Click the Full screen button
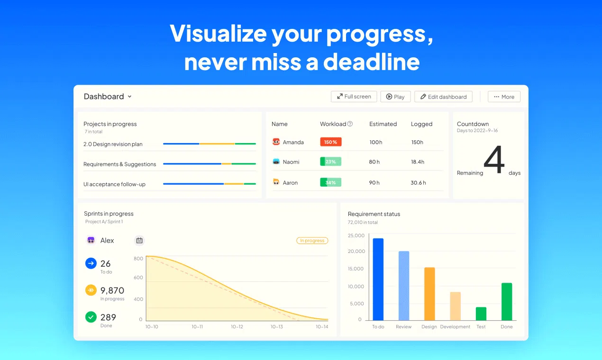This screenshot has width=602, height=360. click(x=354, y=97)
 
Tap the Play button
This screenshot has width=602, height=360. click(x=395, y=97)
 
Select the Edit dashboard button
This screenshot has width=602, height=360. click(x=443, y=97)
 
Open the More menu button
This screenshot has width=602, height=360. click(x=504, y=97)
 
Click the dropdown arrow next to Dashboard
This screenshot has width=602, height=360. click(x=129, y=97)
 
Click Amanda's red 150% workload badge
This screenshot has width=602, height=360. click(x=330, y=142)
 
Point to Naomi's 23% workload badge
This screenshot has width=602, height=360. click(x=330, y=162)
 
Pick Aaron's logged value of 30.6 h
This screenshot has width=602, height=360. click(x=418, y=183)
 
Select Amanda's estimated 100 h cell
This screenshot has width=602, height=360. click(x=376, y=142)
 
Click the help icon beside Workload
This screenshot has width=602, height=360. click(x=350, y=124)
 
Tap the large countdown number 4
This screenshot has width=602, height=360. click(x=494, y=159)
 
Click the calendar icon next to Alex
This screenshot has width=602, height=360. click(x=139, y=241)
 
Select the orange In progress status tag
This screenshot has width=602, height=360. click(x=312, y=241)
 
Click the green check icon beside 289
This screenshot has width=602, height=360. click(x=91, y=317)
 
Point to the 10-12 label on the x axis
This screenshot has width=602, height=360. click(x=237, y=327)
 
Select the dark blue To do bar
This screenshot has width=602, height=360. click(x=378, y=279)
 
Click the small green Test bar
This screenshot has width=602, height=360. click(x=481, y=314)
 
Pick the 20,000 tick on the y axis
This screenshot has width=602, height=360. click(x=356, y=251)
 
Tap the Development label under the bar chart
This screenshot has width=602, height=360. click(x=455, y=327)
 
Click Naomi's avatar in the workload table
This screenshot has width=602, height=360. click(x=276, y=162)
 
